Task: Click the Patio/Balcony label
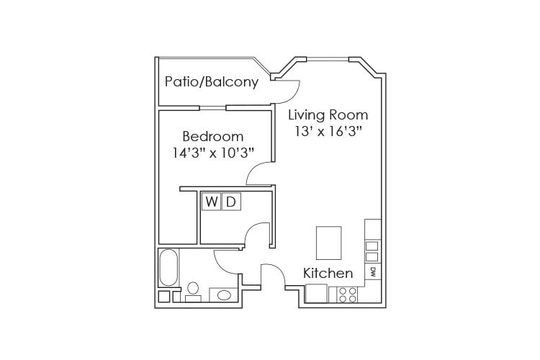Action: point(211,82)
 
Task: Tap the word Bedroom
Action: point(212,136)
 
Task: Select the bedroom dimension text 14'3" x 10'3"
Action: point(212,153)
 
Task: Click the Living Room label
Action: point(328,114)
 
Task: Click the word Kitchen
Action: point(328,273)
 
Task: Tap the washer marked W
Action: point(211,202)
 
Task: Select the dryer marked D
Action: point(230,202)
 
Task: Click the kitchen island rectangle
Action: point(329,242)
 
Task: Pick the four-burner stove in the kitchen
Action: point(348,294)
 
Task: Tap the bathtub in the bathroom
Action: point(168,267)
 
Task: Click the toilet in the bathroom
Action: point(192,291)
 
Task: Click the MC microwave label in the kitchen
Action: point(373,272)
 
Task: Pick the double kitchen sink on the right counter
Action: point(372,251)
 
